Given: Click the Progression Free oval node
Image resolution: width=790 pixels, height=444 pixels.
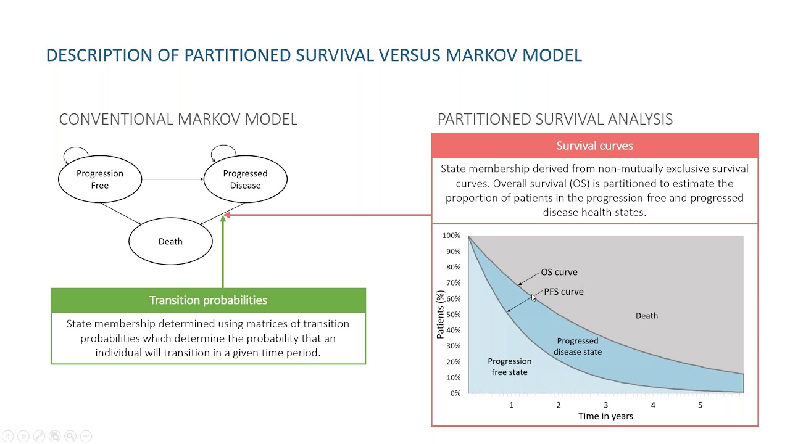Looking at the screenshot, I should pos(100,179).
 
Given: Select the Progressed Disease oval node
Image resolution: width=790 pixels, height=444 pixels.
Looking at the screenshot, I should pos(245,179).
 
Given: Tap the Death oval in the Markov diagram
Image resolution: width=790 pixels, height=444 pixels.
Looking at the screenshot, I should pos(170,241).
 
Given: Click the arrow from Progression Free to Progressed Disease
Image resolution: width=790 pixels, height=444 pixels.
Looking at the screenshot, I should pos(173,179).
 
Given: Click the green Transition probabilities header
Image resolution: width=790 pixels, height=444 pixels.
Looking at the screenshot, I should pos(208,300).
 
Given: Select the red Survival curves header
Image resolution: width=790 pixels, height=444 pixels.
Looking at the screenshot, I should pos(594,146).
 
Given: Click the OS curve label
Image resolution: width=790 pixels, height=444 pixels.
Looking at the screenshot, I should pos(559,272).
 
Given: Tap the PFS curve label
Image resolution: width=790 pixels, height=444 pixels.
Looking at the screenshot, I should pos(563,292).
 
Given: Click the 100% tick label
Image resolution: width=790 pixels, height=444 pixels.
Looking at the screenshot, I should pos(451,236).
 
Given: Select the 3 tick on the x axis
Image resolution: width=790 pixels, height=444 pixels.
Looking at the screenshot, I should pos(605,405).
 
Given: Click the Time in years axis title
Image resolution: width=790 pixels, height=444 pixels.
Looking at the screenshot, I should pos(605,416).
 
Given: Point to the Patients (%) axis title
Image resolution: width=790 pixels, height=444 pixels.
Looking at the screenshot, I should pos(440,314).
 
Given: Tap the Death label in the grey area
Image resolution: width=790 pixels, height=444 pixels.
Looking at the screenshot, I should pos(647,316).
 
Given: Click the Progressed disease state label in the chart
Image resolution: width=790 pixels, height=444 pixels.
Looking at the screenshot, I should pos(578,346).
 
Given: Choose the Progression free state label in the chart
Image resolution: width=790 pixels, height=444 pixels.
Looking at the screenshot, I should pos(509,366).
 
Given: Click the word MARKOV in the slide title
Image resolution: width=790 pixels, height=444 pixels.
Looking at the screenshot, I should pos(481,55).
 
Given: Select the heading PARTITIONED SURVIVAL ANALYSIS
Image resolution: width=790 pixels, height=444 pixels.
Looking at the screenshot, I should pos(555,119).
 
